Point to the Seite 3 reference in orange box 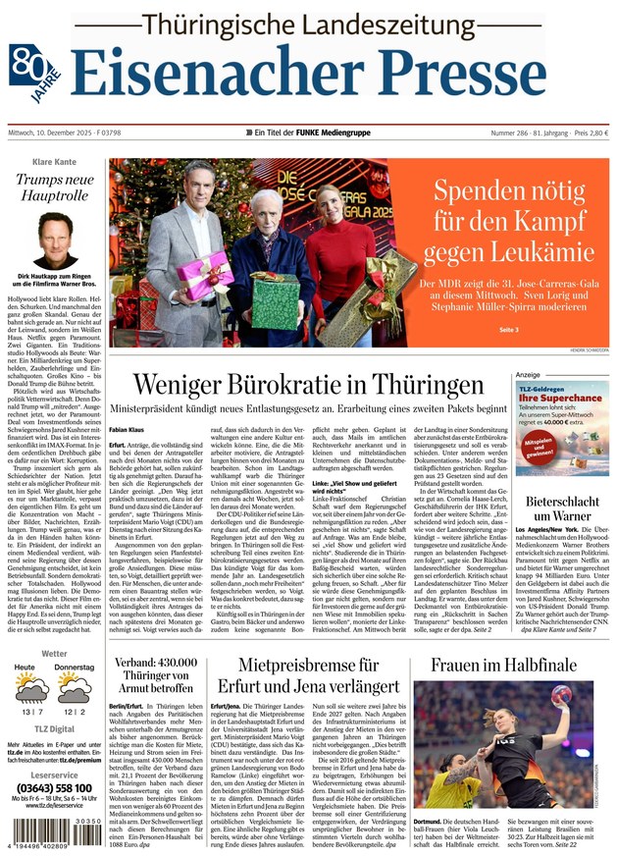click(508, 329)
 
